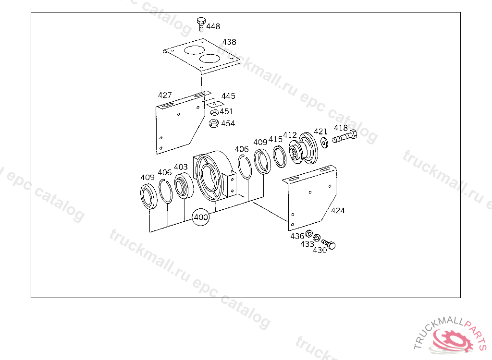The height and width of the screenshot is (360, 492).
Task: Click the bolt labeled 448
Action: [x=201, y=24]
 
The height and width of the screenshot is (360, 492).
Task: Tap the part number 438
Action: [x=229, y=42]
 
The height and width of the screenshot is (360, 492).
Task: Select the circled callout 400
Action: [x=201, y=217]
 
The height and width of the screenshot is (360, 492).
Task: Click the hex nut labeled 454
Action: [x=214, y=123]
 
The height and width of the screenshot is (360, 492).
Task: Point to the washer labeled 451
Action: [x=215, y=112]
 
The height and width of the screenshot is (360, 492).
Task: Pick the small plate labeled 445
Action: [x=215, y=104]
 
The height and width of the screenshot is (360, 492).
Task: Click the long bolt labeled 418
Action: [x=344, y=137]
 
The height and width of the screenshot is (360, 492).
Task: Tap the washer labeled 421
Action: [x=324, y=143]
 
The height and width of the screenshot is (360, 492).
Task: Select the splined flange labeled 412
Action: [x=303, y=149]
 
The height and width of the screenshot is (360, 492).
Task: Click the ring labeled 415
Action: [x=279, y=156]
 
